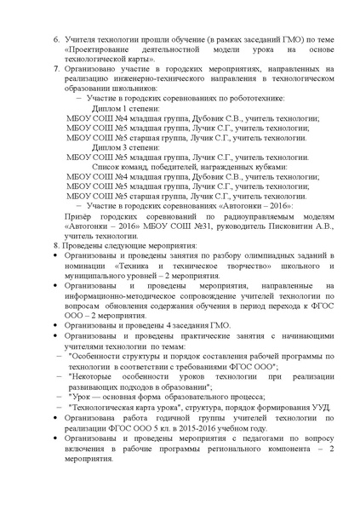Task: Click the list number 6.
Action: pyautogui.click(x=57, y=40)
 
